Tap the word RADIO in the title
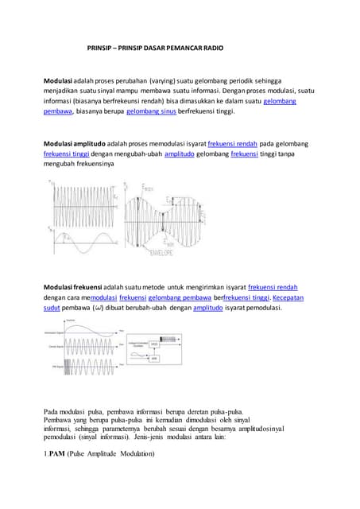[211, 49]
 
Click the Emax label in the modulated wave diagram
[149, 188]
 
